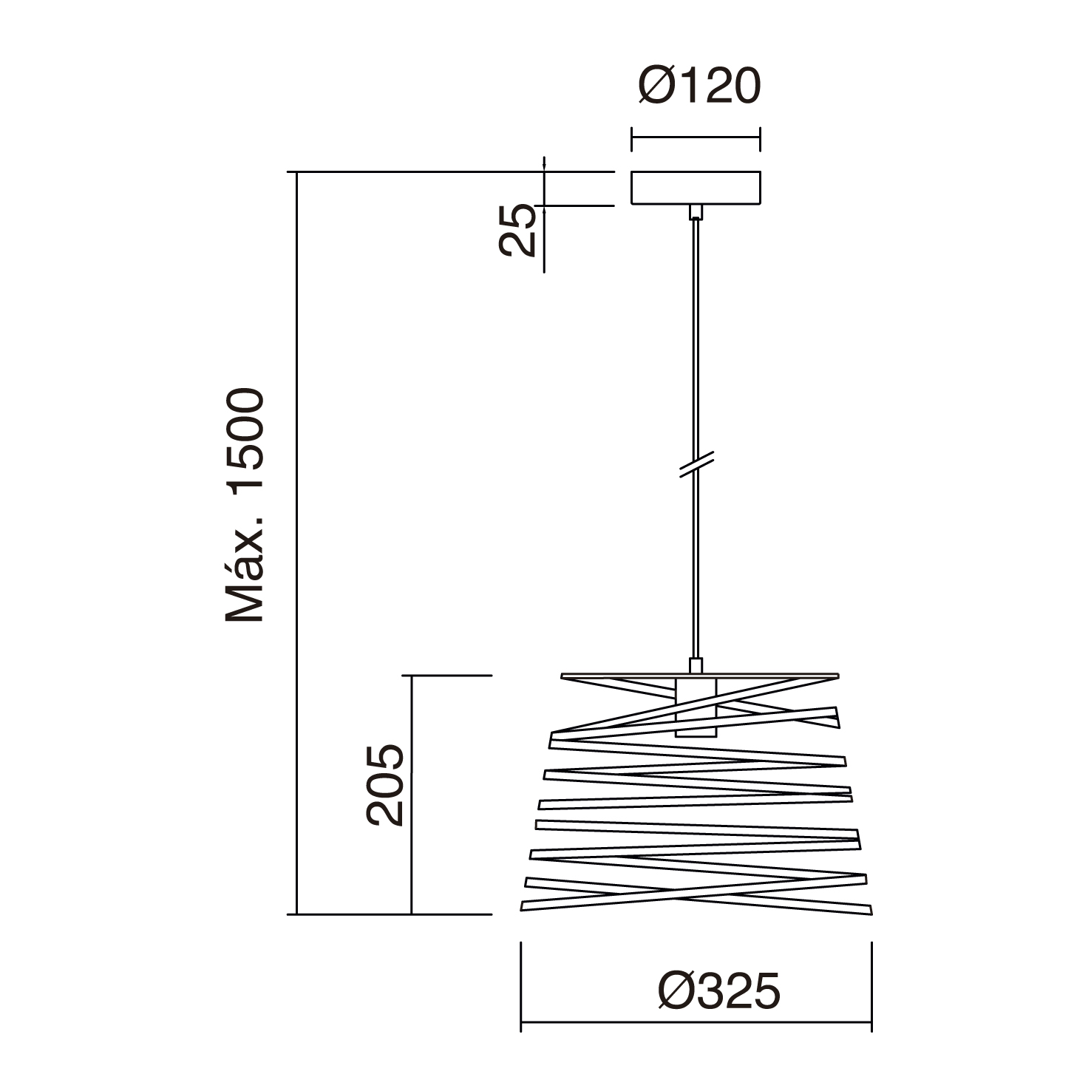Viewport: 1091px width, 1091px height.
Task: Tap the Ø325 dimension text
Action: [718, 990]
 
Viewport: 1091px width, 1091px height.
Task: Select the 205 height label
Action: [385, 784]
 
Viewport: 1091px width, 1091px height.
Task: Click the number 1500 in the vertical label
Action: [245, 439]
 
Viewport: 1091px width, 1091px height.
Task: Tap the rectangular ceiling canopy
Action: [695, 188]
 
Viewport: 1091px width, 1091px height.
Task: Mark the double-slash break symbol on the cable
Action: [696, 464]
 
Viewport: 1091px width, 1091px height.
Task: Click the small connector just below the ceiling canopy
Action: [696, 212]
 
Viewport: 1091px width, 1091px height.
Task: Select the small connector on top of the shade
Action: [696, 665]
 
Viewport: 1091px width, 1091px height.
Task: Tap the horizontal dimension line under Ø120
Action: [695, 137]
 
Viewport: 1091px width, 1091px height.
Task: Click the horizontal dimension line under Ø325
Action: [696, 1023]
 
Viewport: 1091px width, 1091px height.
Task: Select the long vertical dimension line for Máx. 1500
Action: [296, 543]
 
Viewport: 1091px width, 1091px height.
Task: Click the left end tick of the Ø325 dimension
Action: [521, 987]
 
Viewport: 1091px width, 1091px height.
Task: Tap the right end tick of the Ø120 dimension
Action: [760, 138]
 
